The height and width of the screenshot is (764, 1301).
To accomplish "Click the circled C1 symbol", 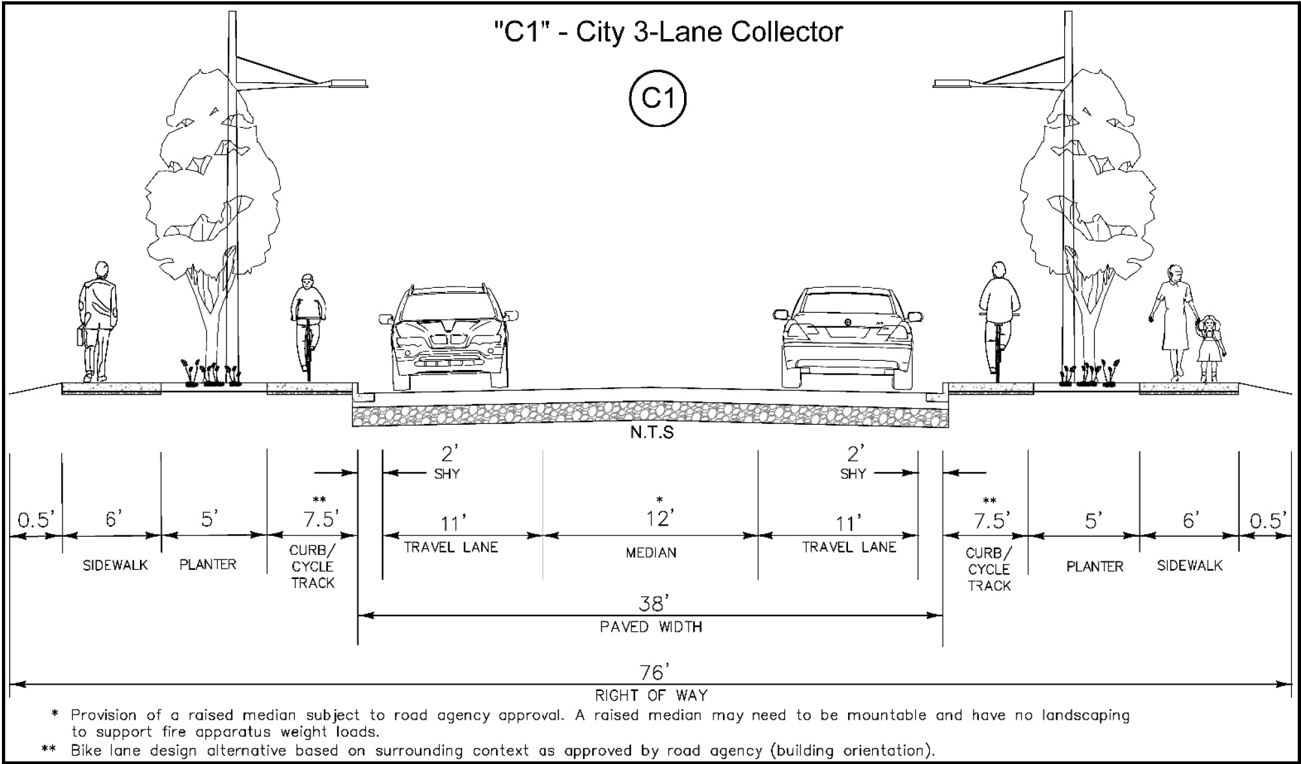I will click(657, 98).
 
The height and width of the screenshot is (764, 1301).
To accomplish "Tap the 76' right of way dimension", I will click(651, 672).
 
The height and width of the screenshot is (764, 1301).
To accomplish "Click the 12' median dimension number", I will click(658, 518).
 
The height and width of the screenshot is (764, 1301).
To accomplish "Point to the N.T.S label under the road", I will click(651, 433).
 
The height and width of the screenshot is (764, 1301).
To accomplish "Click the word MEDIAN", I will click(651, 553).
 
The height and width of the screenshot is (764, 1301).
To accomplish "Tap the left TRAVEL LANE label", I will click(450, 548).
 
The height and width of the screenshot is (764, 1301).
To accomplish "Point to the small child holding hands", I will click(1210, 347).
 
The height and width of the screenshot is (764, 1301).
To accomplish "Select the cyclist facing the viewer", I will click(308, 323).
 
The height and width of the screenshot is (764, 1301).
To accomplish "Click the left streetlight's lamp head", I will click(348, 83).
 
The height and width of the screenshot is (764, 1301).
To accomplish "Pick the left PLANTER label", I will click(208, 565).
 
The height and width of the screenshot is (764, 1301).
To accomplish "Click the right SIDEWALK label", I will click(1189, 566).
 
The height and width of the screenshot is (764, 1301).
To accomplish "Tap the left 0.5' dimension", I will click(36, 520).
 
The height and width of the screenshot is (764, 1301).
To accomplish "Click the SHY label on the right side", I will click(853, 474).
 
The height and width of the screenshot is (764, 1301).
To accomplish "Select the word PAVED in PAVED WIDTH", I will click(624, 627).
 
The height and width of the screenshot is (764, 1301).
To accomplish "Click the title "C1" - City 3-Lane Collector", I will click(668, 32).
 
